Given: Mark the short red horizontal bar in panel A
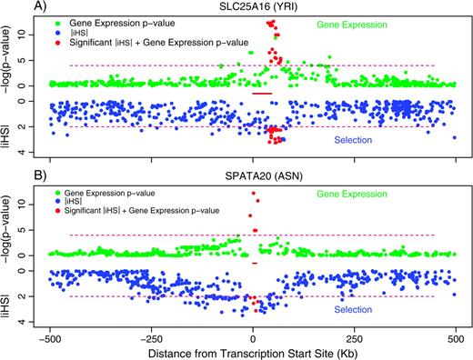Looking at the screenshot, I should [262, 94].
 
